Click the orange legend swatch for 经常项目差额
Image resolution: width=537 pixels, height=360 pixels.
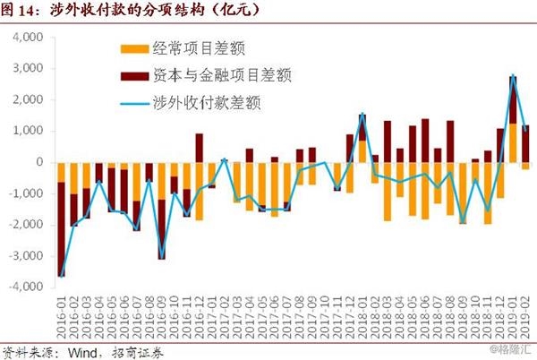(133, 47)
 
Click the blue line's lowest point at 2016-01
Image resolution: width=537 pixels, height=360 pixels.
(61, 276)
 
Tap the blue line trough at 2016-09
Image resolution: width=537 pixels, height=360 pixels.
(161, 258)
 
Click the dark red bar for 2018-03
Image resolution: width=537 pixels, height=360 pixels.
(388, 141)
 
